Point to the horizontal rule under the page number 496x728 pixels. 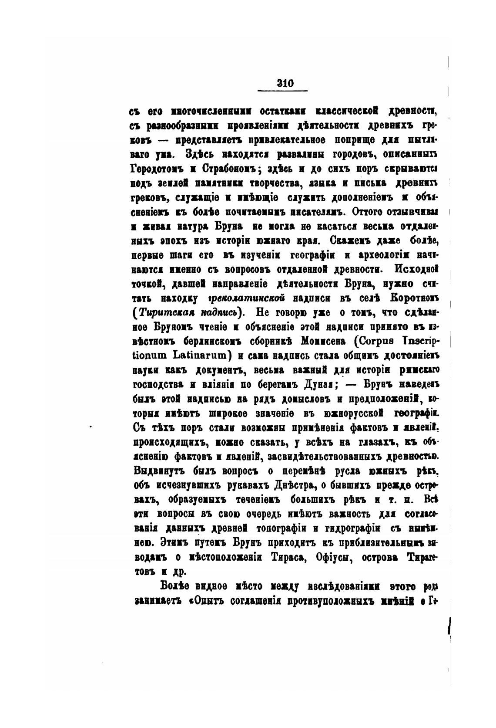pos(283,91)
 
